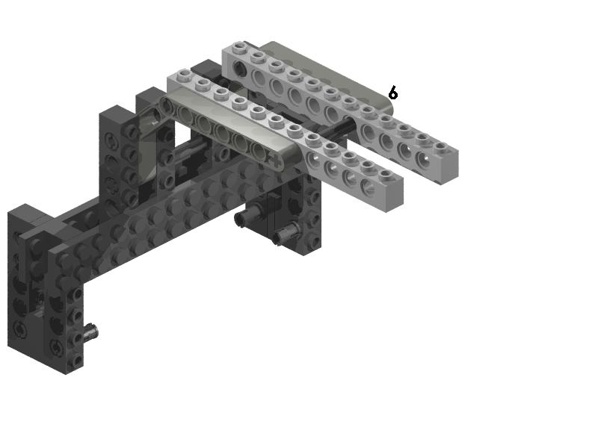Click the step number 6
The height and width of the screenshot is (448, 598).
click(x=393, y=93)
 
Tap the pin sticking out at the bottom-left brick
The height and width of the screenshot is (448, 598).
click(x=91, y=332)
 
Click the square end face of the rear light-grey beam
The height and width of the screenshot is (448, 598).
click(x=449, y=167)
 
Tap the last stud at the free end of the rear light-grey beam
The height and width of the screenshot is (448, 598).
click(x=441, y=146)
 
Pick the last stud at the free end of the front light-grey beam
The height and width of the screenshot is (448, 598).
click(x=386, y=175)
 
